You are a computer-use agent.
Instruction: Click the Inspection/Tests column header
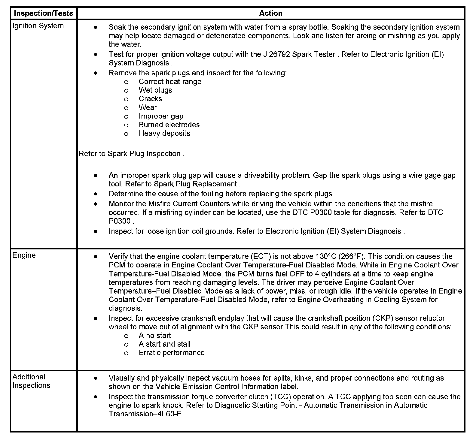[44, 13]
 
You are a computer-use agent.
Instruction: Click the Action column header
[270, 13]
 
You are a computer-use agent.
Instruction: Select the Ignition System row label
[38, 26]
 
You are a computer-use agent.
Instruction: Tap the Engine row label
[24, 255]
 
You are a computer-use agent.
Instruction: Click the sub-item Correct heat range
[170, 82]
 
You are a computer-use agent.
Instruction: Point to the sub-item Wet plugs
[155, 90]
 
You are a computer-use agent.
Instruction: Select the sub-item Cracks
[150, 99]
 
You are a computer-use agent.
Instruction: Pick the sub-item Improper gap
[161, 116]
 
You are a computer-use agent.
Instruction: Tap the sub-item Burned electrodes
[169, 125]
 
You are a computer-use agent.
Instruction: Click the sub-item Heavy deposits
[164, 134]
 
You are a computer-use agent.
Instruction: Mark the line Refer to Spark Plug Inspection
[131, 154]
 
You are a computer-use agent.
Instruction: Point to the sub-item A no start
[155, 336]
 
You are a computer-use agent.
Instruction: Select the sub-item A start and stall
[164, 344]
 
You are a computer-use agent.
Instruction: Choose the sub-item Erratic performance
[171, 353]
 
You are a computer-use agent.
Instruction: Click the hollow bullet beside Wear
[126, 108]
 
